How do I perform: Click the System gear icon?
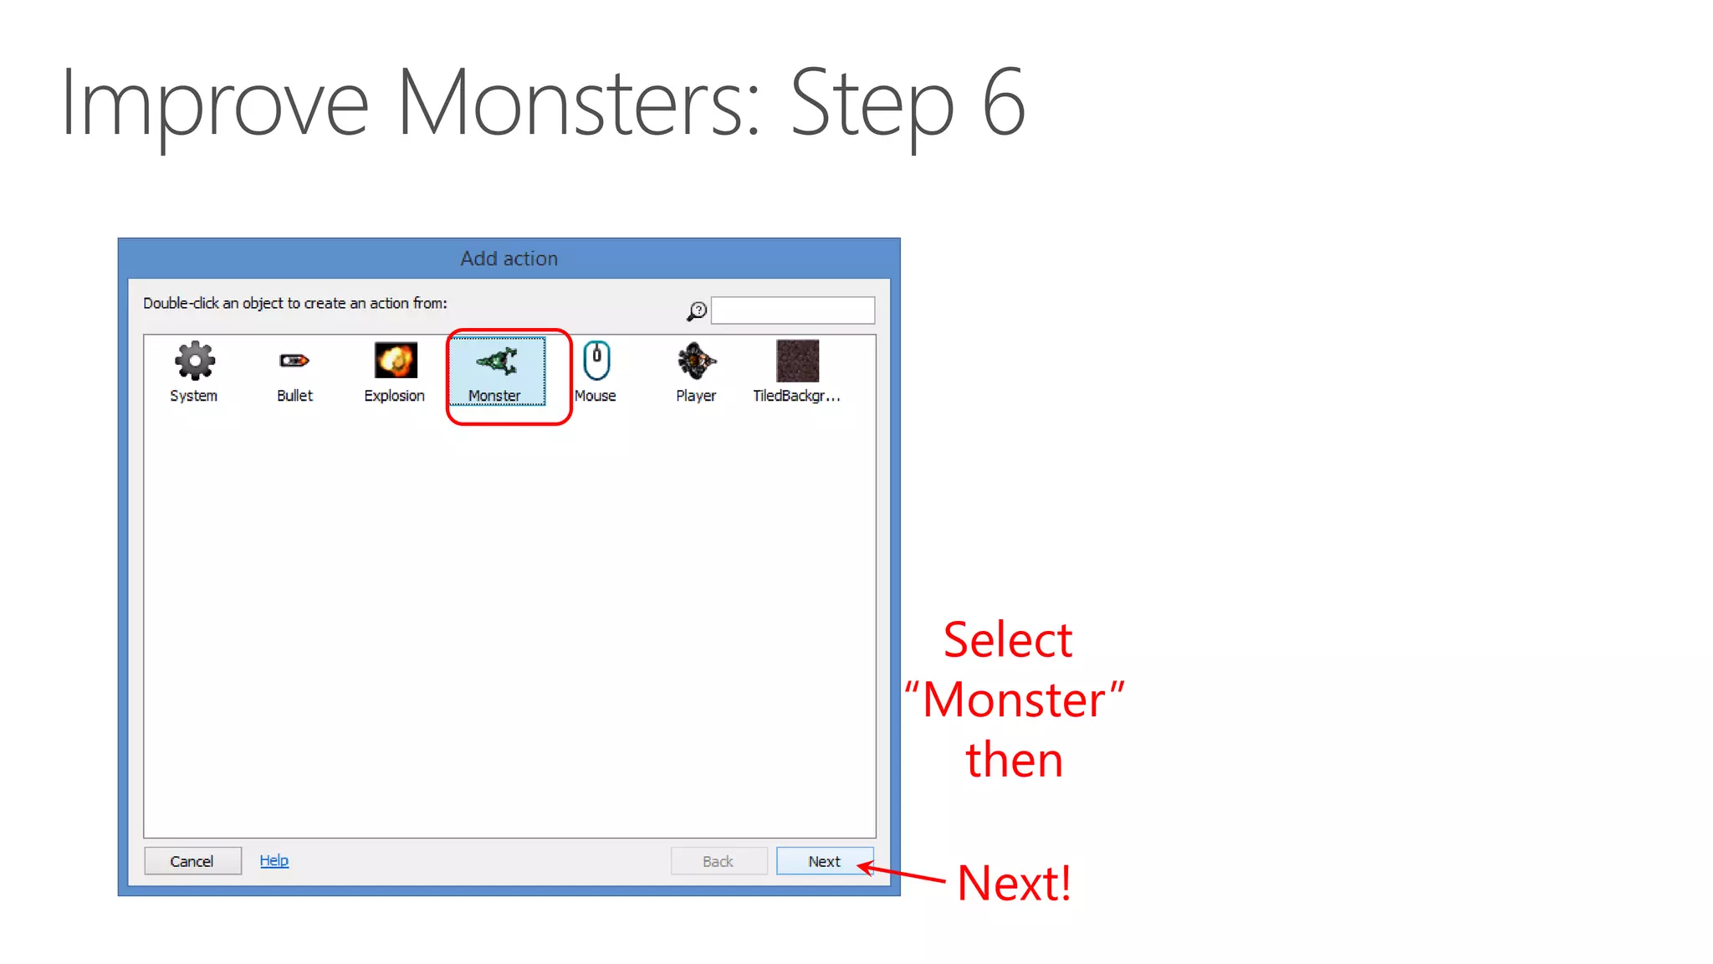click(194, 361)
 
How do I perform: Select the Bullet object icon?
click(294, 361)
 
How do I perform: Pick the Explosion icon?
click(395, 361)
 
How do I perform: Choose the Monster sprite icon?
click(497, 361)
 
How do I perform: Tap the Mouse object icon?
click(596, 361)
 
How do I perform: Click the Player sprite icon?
click(696, 361)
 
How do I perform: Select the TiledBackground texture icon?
click(797, 361)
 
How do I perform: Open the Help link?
click(274, 860)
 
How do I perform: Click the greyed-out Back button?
click(718, 861)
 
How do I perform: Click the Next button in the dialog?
click(824, 861)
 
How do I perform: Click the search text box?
click(792, 310)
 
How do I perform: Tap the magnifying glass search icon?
click(697, 311)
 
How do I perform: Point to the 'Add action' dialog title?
click(509, 259)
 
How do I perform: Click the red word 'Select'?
click(1007, 641)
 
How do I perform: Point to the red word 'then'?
click(1014, 760)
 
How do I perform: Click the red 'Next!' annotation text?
click(1014, 883)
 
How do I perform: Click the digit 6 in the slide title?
click(1003, 102)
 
